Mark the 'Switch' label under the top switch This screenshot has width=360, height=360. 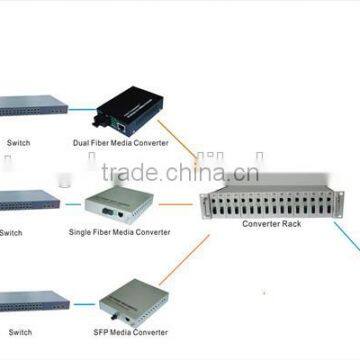tap(19, 144)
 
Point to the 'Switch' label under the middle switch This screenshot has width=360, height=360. tap(11, 233)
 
